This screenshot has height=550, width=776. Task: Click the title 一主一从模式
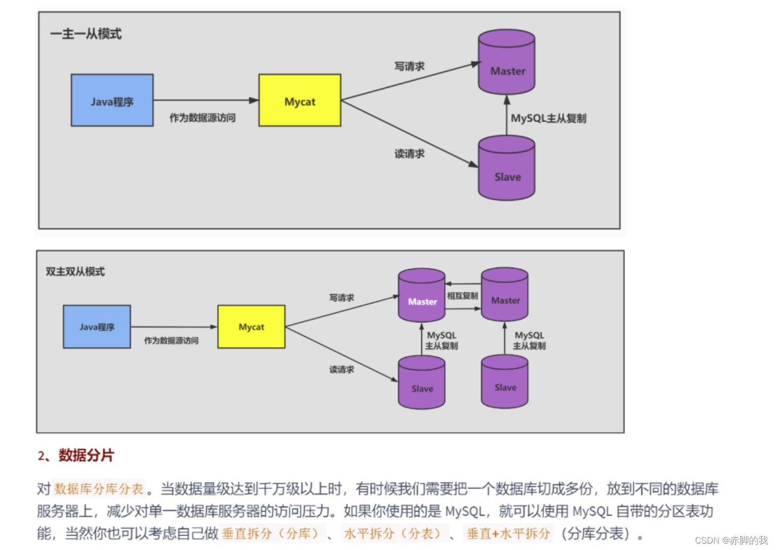click(x=86, y=34)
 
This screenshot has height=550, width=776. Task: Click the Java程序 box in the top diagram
click(x=112, y=100)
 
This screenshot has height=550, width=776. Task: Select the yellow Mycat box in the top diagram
click(x=299, y=100)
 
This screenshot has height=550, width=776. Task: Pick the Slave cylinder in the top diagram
click(x=507, y=169)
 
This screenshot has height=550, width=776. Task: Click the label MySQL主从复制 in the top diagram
click(x=548, y=118)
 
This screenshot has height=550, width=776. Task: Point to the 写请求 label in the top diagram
click(x=409, y=67)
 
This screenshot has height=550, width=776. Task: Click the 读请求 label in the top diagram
click(x=409, y=154)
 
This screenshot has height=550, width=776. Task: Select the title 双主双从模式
click(x=75, y=272)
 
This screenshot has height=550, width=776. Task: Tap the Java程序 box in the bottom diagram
click(x=97, y=327)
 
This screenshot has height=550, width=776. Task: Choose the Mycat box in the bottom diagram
click(x=251, y=327)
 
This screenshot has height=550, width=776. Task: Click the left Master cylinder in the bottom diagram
click(x=422, y=296)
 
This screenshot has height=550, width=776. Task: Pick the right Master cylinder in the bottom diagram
click(x=505, y=295)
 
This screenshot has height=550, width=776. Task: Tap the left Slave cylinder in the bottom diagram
click(x=422, y=383)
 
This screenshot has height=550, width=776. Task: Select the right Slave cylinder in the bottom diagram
click(x=505, y=382)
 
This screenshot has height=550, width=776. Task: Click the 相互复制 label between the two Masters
click(x=462, y=296)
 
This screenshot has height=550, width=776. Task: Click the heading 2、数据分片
click(x=76, y=456)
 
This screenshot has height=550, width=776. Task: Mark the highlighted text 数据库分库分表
click(x=99, y=489)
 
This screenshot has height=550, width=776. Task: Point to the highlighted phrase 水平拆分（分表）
click(x=393, y=533)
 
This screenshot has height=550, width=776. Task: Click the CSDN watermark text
click(x=731, y=540)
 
